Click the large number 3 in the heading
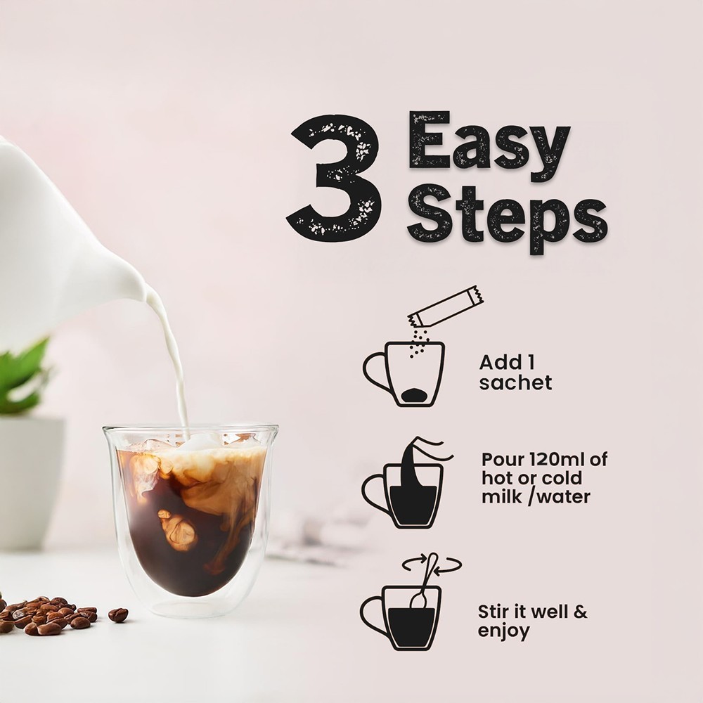pyautogui.click(x=334, y=176)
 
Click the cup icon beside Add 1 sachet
pyautogui.click(x=404, y=374)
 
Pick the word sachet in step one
pyautogui.click(x=515, y=383)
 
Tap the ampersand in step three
pyautogui.click(x=581, y=612)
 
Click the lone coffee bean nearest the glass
pyautogui.click(x=118, y=614)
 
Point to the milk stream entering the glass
pyautogui.click(x=173, y=359)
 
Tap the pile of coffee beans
pyautogui.click(x=48, y=615)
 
